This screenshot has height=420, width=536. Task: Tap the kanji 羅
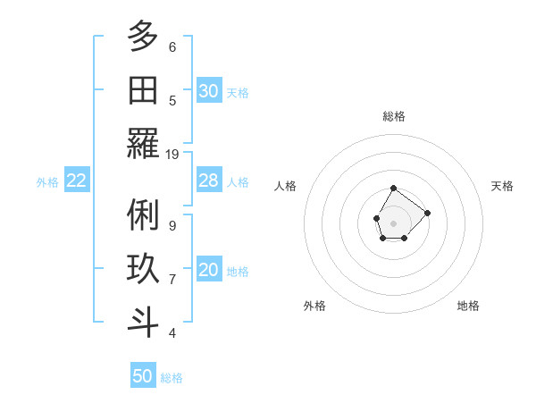click(143, 143)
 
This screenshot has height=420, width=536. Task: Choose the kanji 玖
click(143, 269)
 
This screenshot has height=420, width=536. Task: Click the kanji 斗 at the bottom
click(143, 323)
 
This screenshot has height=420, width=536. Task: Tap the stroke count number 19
click(172, 154)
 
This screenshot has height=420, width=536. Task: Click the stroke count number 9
click(172, 225)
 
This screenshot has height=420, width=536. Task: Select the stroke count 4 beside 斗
click(172, 333)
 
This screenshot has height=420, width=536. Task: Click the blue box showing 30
click(209, 91)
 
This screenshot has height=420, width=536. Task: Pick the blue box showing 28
click(209, 181)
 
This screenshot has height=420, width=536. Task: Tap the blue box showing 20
click(209, 271)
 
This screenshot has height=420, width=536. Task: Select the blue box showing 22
click(77, 181)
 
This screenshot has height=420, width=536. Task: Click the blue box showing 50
click(143, 376)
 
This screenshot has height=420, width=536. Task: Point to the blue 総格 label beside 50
click(172, 378)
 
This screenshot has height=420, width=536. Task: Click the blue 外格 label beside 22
click(47, 182)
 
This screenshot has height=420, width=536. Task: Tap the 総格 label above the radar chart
click(394, 116)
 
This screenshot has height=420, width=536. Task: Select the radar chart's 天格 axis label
click(503, 186)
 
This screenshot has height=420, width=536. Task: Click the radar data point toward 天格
click(427, 213)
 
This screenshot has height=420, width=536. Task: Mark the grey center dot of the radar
click(394, 223)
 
